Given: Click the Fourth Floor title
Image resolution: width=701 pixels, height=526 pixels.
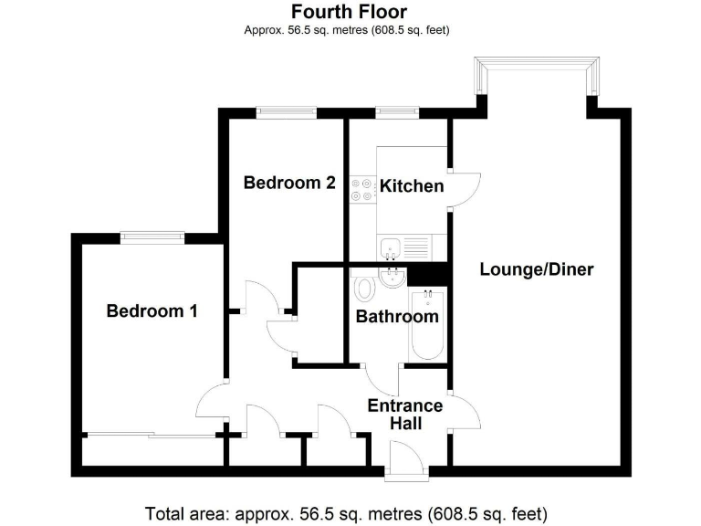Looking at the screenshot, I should click(350, 12).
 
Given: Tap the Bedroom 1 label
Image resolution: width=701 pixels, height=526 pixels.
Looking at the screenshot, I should click(152, 311).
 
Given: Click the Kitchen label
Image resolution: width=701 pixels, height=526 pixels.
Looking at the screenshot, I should click(412, 186).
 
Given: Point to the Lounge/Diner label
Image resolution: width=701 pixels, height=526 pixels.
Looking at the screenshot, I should click(537, 269).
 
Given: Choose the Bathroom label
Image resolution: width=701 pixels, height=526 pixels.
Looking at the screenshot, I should click(397, 317).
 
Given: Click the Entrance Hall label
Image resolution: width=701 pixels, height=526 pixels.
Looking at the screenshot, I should click(404, 415).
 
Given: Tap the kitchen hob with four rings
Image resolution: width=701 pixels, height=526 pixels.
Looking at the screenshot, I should click(362, 188).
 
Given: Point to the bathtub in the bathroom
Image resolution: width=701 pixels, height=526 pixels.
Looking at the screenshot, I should click(427, 324).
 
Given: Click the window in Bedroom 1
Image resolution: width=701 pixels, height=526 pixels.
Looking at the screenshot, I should click(152, 238).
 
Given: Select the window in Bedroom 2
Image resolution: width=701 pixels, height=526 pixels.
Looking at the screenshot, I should click(287, 113).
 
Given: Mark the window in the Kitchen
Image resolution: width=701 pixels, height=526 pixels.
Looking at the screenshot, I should click(396, 113).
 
